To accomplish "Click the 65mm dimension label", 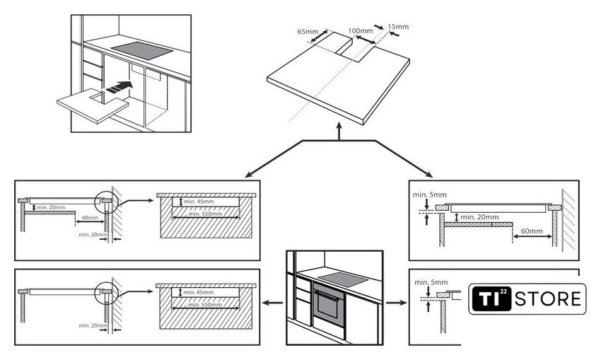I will (x=308, y=32).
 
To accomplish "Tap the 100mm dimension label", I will (x=361, y=31).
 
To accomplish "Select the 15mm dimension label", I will (x=399, y=27).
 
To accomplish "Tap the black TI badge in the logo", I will (x=491, y=298).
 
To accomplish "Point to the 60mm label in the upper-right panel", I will (x=532, y=231).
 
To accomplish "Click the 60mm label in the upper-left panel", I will (x=90, y=218).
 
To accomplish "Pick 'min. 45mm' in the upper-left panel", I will (x=199, y=202).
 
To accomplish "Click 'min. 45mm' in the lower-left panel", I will (x=199, y=292).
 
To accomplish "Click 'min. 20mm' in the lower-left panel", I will (x=93, y=325).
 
